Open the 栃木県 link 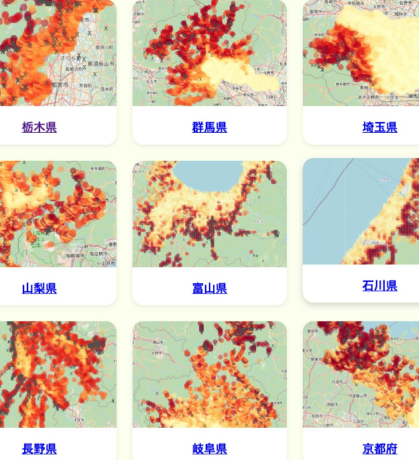[39, 127]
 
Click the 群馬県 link [209, 127]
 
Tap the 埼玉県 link [380, 127]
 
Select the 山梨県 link [39, 288]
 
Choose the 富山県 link [209, 288]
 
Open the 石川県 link [380, 285]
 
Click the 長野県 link [39, 449]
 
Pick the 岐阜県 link [209, 449]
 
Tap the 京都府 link [380, 449]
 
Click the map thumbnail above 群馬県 [209, 52]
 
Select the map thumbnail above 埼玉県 [363, 52]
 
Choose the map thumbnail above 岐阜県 [209, 374]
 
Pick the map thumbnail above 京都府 [363, 374]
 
